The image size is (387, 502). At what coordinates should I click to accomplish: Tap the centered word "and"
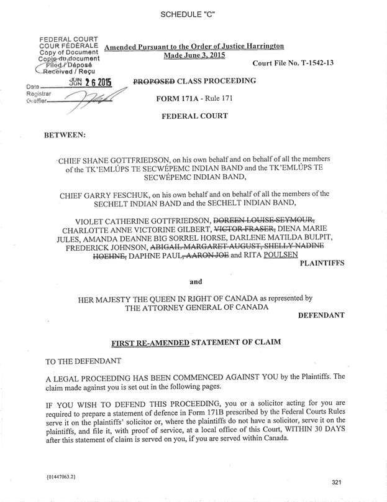pos(196,281)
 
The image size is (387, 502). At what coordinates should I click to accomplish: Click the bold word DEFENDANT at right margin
pos(321,315)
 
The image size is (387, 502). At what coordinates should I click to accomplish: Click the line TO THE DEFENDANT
pos(83,361)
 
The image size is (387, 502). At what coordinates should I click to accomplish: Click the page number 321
pos(337,482)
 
